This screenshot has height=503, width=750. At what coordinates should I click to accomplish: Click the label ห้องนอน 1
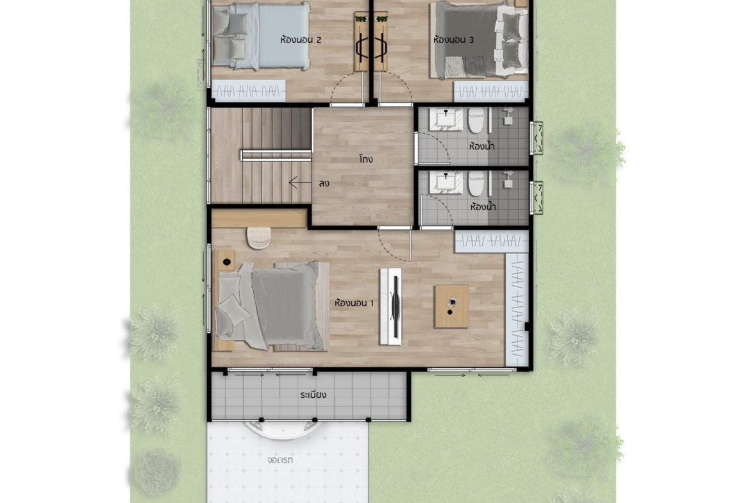(354, 302)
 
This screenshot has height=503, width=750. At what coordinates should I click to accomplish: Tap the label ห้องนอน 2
(301, 40)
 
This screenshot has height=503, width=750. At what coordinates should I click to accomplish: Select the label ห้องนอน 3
(453, 40)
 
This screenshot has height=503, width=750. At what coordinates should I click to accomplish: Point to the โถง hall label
(366, 159)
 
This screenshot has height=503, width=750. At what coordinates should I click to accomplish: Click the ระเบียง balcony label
(313, 395)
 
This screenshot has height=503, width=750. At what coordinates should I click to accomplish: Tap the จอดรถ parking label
(280, 461)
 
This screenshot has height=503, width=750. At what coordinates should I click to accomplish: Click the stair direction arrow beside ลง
(300, 183)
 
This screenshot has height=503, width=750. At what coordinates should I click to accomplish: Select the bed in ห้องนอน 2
(260, 36)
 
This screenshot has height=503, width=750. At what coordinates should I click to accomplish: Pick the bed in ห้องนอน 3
(480, 40)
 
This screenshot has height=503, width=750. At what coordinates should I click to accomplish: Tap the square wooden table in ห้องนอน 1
(451, 306)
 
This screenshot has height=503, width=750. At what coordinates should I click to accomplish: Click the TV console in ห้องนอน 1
(391, 306)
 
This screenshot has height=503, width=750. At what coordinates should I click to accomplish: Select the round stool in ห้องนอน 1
(259, 238)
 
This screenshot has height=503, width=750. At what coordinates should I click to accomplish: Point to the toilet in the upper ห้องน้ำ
(476, 120)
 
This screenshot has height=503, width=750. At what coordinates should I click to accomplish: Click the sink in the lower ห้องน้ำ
(446, 183)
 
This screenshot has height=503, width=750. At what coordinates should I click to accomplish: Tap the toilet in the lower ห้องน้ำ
(476, 184)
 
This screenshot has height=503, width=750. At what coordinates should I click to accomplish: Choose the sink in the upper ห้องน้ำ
(446, 120)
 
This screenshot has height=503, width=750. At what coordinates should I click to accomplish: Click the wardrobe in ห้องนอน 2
(249, 91)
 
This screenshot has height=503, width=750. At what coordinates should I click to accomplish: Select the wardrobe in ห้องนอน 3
(491, 91)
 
